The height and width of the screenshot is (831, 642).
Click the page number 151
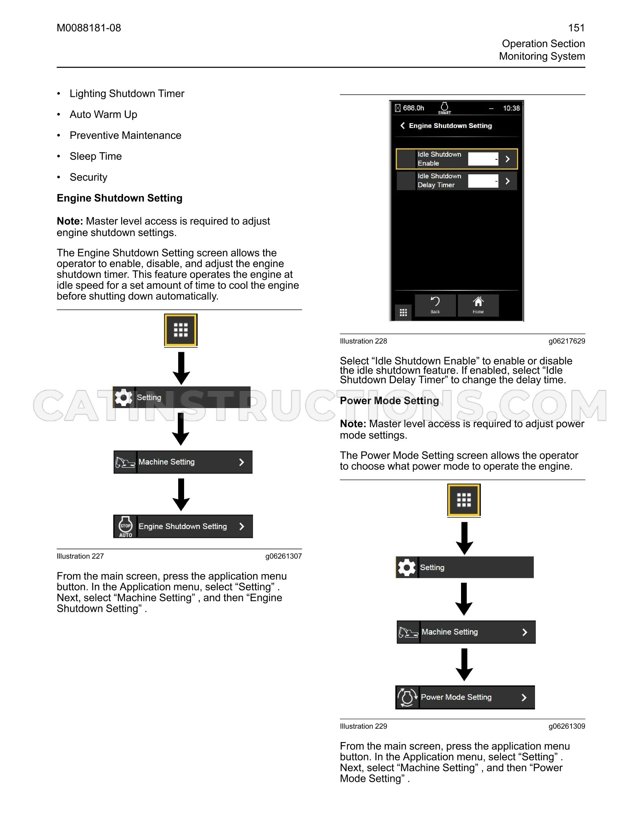coord(576,28)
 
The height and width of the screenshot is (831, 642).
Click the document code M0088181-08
coord(89,28)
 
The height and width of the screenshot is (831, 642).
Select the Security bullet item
coord(89,177)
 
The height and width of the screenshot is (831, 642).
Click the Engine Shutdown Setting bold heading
coord(120,198)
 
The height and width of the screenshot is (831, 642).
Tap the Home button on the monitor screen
coord(478,305)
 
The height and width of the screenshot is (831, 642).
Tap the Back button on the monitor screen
coord(435,305)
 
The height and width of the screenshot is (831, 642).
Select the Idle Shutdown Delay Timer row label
coord(439,181)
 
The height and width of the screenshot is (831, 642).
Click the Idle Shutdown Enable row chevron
coord(507,159)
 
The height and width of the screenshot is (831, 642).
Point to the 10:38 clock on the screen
coord(511,108)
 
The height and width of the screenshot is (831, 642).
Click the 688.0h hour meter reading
coord(413,108)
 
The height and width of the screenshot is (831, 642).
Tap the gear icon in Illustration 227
coord(124,397)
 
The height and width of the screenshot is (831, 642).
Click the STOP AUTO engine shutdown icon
coord(125,526)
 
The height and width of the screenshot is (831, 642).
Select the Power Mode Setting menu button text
coord(456,697)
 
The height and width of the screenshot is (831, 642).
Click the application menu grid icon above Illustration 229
coord(464,500)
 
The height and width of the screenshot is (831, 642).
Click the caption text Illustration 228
coord(363,341)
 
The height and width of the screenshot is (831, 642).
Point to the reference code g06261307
coord(284,556)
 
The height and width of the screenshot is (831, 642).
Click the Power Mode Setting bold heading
coord(389,401)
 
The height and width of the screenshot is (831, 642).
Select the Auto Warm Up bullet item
coord(103,114)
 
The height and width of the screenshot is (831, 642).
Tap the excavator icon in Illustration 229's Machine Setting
coord(408,632)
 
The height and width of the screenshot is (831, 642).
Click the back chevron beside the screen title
coord(402,126)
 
